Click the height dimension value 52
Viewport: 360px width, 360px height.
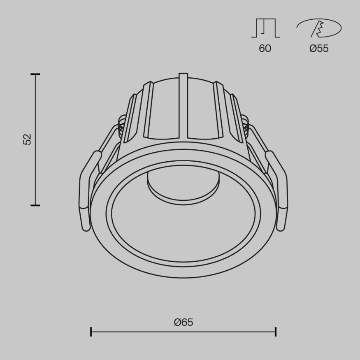[27, 139]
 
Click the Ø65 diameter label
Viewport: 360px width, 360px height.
[183, 322]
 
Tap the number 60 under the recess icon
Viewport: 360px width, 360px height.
[265, 48]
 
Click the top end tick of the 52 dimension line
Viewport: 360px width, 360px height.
[35, 74]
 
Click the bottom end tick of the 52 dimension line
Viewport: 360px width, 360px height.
[35, 204]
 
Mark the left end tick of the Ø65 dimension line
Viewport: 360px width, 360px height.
[91, 332]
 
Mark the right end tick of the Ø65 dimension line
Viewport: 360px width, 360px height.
[276, 332]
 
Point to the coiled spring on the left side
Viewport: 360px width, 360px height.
[121, 125]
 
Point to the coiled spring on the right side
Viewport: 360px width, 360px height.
[246, 125]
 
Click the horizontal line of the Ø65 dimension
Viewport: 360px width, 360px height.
[183, 332]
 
